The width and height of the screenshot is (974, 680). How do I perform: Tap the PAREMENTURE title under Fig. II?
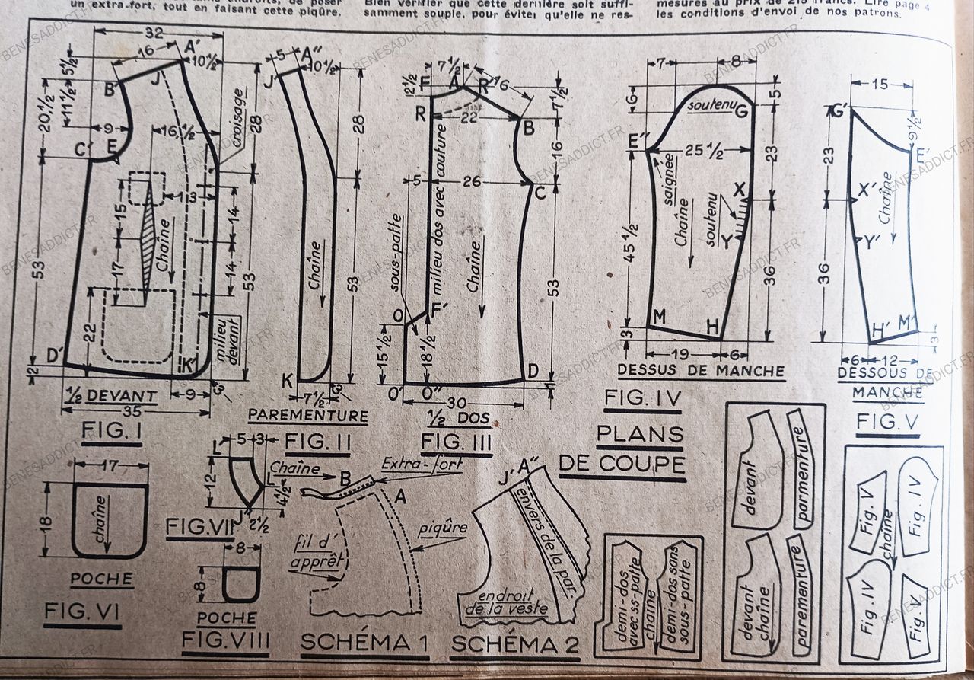tap(308, 416)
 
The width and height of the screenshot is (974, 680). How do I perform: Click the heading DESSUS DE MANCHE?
tap(701, 371)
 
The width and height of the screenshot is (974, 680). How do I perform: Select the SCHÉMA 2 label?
tap(515, 644)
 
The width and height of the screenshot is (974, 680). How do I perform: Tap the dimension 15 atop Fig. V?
tap(879, 85)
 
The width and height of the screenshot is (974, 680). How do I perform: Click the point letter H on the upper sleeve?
tap(713, 327)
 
